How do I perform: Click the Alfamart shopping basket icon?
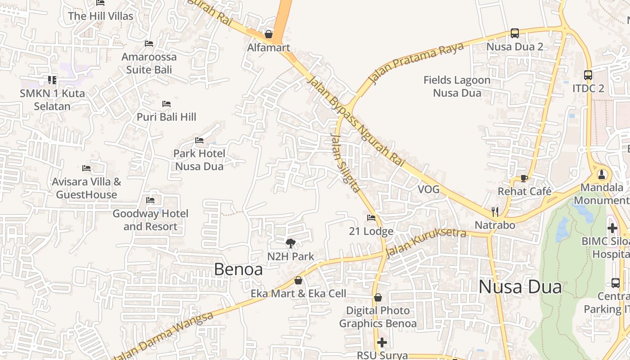pyautogui.click(x=269, y=34)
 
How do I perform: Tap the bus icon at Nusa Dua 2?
pyautogui.click(x=514, y=33)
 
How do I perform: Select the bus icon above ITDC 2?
pyautogui.click(x=588, y=75)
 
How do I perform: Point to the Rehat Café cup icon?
pyautogui.click(x=524, y=178)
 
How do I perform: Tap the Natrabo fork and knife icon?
pyautogui.click(x=495, y=211)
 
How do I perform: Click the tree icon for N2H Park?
pyautogui.click(x=291, y=243)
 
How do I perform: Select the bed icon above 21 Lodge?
pyautogui.click(x=371, y=218)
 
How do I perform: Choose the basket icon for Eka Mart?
pyautogui.click(x=298, y=280)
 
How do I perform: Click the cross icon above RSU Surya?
pyautogui.click(x=382, y=342)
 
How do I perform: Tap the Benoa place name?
pyautogui.click(x=238, y=269)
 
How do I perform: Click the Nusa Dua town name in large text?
pyautogui.click(x=520, y=287)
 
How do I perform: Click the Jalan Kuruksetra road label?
pyautogui.click(x=426, y=243)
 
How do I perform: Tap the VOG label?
pyautogui.click(x=428, y=189)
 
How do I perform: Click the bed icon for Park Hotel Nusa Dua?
pyautogui.click(x=199, y=140)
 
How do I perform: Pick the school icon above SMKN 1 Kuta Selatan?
pyautogui.click(x=52, y=80)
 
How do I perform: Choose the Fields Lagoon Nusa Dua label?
pyautogui.click(x=457, y=86)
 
